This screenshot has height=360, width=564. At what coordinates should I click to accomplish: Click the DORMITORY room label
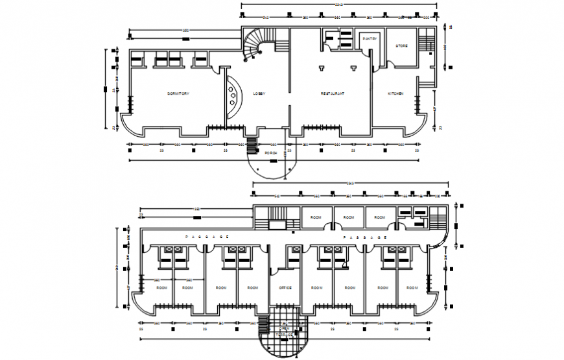pyautogui.click(x=178, y=94)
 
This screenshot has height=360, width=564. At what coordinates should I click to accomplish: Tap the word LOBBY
pyautogui.click(x=259, y=94)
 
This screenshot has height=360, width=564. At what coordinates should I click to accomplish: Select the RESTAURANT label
pyautogui.click(x=333, y=94)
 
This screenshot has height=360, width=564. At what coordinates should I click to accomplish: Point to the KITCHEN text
pyautogui.click(x=395, y=94)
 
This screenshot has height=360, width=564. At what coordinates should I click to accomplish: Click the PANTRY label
pyautogui.click(x=370, y=39)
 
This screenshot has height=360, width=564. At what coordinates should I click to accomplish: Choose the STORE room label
pyautogui.click(x=401, y=45)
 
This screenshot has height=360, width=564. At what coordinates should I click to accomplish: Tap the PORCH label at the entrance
pyautogui.click(x=271, y=153)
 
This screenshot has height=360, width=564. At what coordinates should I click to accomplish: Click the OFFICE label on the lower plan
pyautogui.click(x=285, y=287)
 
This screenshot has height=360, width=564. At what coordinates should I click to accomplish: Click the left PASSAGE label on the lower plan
pyautogui.click(x=207, y=237)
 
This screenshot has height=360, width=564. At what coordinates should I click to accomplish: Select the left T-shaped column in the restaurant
pyautogui.click(x=322, y=67)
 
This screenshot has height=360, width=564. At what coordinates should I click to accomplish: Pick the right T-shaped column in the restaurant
pyautogui.click(x=353, y=67)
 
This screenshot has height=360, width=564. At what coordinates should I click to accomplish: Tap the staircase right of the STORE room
pyautogui.click(x=425, y=43)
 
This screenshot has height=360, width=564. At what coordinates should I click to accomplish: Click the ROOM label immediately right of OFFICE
pyautogui.click(x=316, y=287)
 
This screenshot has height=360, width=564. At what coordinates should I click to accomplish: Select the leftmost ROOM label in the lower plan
pyautogui.click(x=161, y=287)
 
